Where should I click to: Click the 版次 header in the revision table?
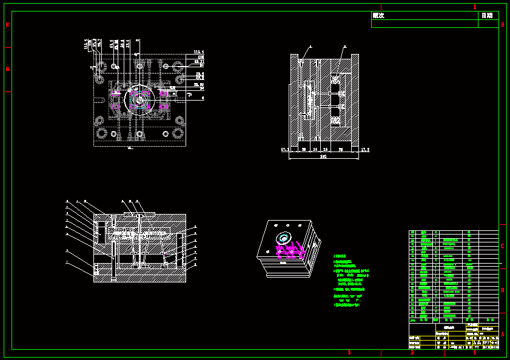[x=378, y=16]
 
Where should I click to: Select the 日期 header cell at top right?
[x=487, y=16]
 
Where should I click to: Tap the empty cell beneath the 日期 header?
[x=488, y=24]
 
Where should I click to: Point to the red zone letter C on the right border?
[x=502, y=246]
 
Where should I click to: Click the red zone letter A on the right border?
[x=502, y=334]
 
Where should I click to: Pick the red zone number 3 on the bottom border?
[x=349, y=353]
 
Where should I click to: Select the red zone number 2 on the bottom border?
[x=412, y=353]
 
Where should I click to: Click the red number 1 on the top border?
[x=475, y=7]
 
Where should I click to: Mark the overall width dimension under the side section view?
[x=323, y=157]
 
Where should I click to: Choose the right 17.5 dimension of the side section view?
[x=365, y=148]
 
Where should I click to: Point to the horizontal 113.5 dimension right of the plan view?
[x=198, y=52]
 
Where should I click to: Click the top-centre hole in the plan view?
[x=139, y=65]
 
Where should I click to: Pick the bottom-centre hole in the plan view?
[x=139, y=134]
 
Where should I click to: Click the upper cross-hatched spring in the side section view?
[x=335, y=79]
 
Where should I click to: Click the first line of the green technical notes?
[x=340, y=257]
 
